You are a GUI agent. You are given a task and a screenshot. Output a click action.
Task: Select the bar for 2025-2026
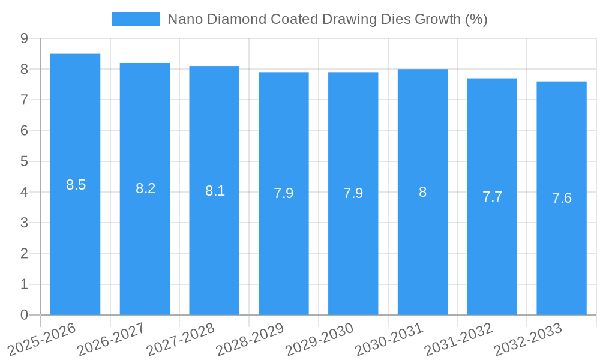click(75, 240)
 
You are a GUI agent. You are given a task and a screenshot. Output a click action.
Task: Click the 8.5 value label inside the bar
click(76, 185)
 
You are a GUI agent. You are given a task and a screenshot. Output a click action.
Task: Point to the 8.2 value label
click(145, 188)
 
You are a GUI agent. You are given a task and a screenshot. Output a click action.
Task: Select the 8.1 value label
click(215, 191)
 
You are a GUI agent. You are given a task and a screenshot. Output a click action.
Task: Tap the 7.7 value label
click(492, 196)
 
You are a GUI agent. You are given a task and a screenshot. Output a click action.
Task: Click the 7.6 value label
click(562, 198)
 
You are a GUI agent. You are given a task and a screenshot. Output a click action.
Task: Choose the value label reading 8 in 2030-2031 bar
click(422, 192)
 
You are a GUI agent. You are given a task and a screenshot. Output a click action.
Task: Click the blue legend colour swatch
click(136, 19)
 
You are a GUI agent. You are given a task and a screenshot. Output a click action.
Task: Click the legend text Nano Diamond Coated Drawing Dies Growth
click(327, 19)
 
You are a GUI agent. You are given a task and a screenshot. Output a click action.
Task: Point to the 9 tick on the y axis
click(24, 38)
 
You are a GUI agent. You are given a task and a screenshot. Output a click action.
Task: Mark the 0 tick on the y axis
click(24, 315)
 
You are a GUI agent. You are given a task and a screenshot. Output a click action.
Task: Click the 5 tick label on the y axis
click(24, 161)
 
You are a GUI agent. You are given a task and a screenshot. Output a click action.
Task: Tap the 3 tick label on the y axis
click(24, 223)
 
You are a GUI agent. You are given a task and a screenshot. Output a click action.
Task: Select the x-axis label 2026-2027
click(111, 339)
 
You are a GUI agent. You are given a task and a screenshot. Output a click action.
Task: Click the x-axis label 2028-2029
click(250, 339)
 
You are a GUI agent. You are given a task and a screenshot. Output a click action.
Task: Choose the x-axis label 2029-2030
click(319, 339)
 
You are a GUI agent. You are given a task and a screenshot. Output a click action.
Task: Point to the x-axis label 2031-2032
click(458, 339)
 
